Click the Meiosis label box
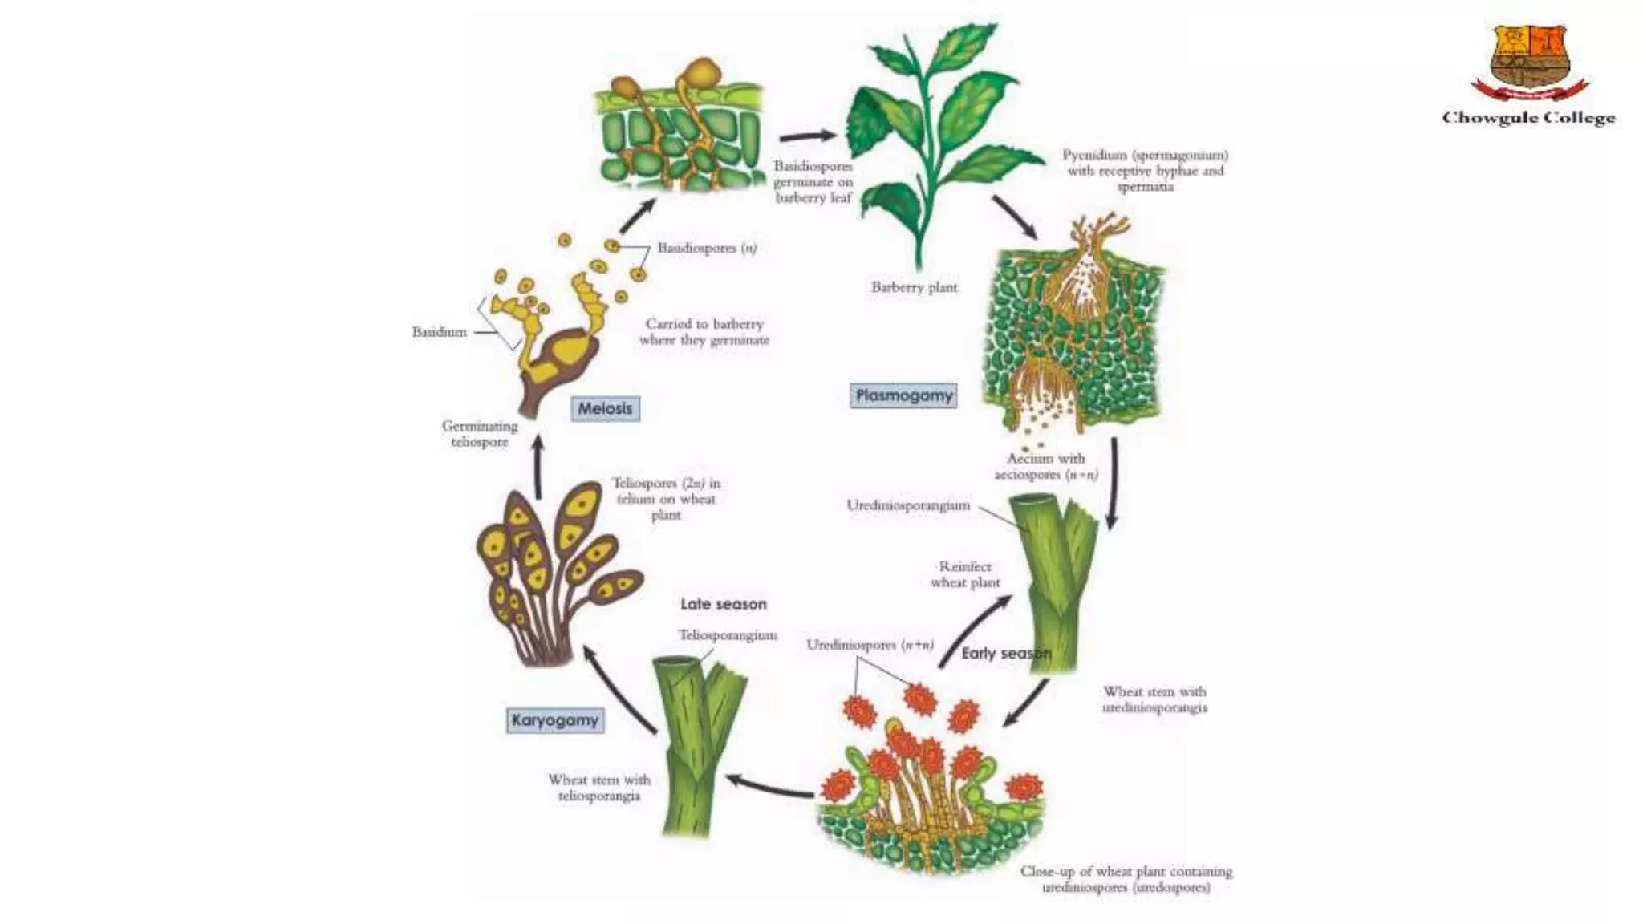point(606,408)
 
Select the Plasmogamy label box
point(903,395)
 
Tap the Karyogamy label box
point(555,720)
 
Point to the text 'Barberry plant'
point(915,287)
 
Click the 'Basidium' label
point(439,332)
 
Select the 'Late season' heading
point(724,604)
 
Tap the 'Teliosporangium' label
point(728,635)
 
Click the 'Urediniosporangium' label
point(908,505)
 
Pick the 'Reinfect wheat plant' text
point(965,574)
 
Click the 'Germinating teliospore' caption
point(480,434)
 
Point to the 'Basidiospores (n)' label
point(707,248)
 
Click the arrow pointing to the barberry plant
point(807,136)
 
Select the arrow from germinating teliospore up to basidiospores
point(637,214)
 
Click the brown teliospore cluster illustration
point(554,569)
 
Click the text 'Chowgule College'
point(1528,118)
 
